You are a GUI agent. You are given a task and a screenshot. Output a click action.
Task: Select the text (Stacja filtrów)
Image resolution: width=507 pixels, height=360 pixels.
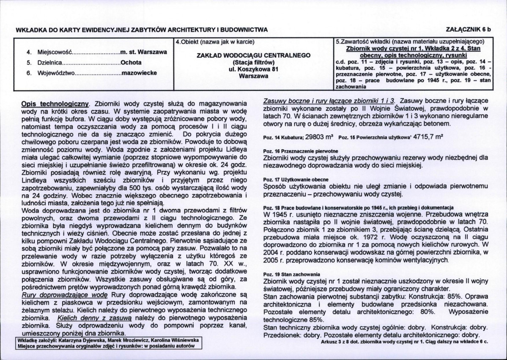[x=254, y=63]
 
